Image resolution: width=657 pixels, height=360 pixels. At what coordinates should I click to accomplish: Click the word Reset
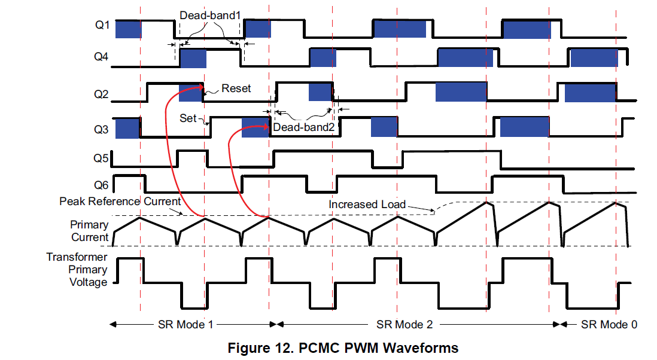[x=236, y=89]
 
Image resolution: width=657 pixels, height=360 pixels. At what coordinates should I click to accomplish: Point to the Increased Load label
[x=367, y=205]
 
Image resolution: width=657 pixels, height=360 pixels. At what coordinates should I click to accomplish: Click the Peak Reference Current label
[x=120, y=202]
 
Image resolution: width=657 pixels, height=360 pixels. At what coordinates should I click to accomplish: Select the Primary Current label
[x=89, y=231]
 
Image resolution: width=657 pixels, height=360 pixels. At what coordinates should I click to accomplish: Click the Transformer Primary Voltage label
[x=77, y=270]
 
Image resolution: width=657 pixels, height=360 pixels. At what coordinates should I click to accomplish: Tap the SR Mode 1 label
[x=185, y=324]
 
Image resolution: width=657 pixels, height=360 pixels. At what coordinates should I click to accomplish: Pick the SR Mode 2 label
[x=404, y=324]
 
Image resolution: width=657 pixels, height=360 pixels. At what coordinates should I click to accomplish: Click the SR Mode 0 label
[x=609, y=324]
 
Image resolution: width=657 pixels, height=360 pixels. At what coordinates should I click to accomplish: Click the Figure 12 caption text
[x=343, y=347]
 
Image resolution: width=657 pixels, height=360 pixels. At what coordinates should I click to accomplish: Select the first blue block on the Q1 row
[x=127, y=30]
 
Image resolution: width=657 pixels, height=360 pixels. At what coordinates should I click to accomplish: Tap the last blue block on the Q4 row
[x=594, y=58]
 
